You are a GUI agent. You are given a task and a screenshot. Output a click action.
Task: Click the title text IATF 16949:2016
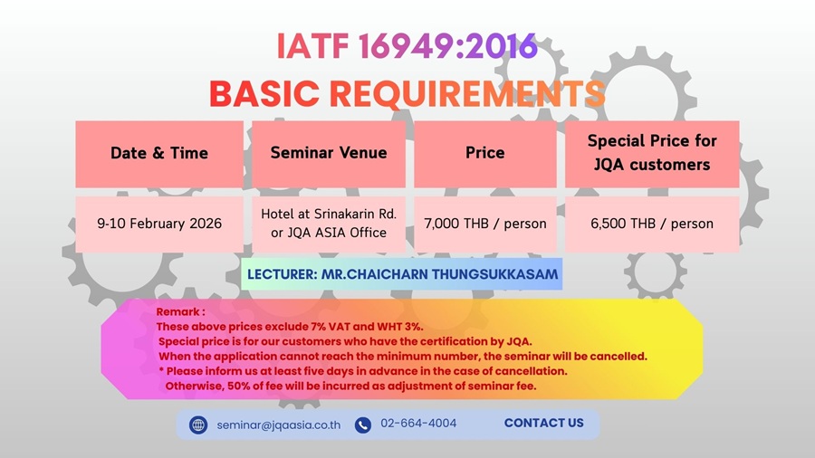pyautogui.click(x=407, y=45)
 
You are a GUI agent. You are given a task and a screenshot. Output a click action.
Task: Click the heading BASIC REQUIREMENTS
pyautogui.click(x=407, y=94)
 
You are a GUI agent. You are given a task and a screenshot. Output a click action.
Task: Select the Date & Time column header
pyautogui.click(x=159, y=154)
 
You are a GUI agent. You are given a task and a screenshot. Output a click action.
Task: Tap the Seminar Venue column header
pyautogui.click(x=329, y=154)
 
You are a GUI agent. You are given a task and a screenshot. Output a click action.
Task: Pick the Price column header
pyautogui.click(x=485, y=154)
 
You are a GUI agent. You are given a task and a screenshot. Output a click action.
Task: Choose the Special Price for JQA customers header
pyautogui.click(x=652, y=154)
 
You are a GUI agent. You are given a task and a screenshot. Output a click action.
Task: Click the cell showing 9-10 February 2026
pyautogui.click(x=159, y=224)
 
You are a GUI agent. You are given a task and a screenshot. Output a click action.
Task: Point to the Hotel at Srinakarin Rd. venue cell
pyautogui.click(x=329, y=224)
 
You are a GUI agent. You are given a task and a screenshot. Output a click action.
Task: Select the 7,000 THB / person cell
pyautogui.click(x=485, y=224)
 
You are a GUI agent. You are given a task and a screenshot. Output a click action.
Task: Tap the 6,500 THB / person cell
pyautogui.click(x=652, y=224)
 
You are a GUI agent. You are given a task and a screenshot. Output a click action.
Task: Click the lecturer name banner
pyautogui.click(x=402, y=274)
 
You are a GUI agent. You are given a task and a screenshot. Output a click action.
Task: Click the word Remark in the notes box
pyautogui.click(x=177, y=312)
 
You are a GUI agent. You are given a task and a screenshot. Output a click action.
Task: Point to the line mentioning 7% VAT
pyautogui.click(x=290, y=327)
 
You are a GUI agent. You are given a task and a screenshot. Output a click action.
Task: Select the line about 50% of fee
pyautogui.click(x=350, y=386)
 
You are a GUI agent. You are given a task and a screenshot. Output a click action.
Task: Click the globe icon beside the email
pyautogui.click(x=198, y=425)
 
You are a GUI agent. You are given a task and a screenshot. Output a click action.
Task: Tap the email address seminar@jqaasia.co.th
pyautogui.click(x=279, y=425)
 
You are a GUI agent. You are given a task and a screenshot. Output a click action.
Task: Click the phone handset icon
pyautogui.click(x=363, y=425)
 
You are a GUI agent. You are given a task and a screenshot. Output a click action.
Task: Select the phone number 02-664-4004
pyautogui.click(x=418, y=424)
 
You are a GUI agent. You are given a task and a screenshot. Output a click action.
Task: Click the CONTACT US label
pyautogui.click(x=543, y=424)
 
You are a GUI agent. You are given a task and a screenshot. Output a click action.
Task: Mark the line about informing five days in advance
pyautogui.click(x=363, y=371)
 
